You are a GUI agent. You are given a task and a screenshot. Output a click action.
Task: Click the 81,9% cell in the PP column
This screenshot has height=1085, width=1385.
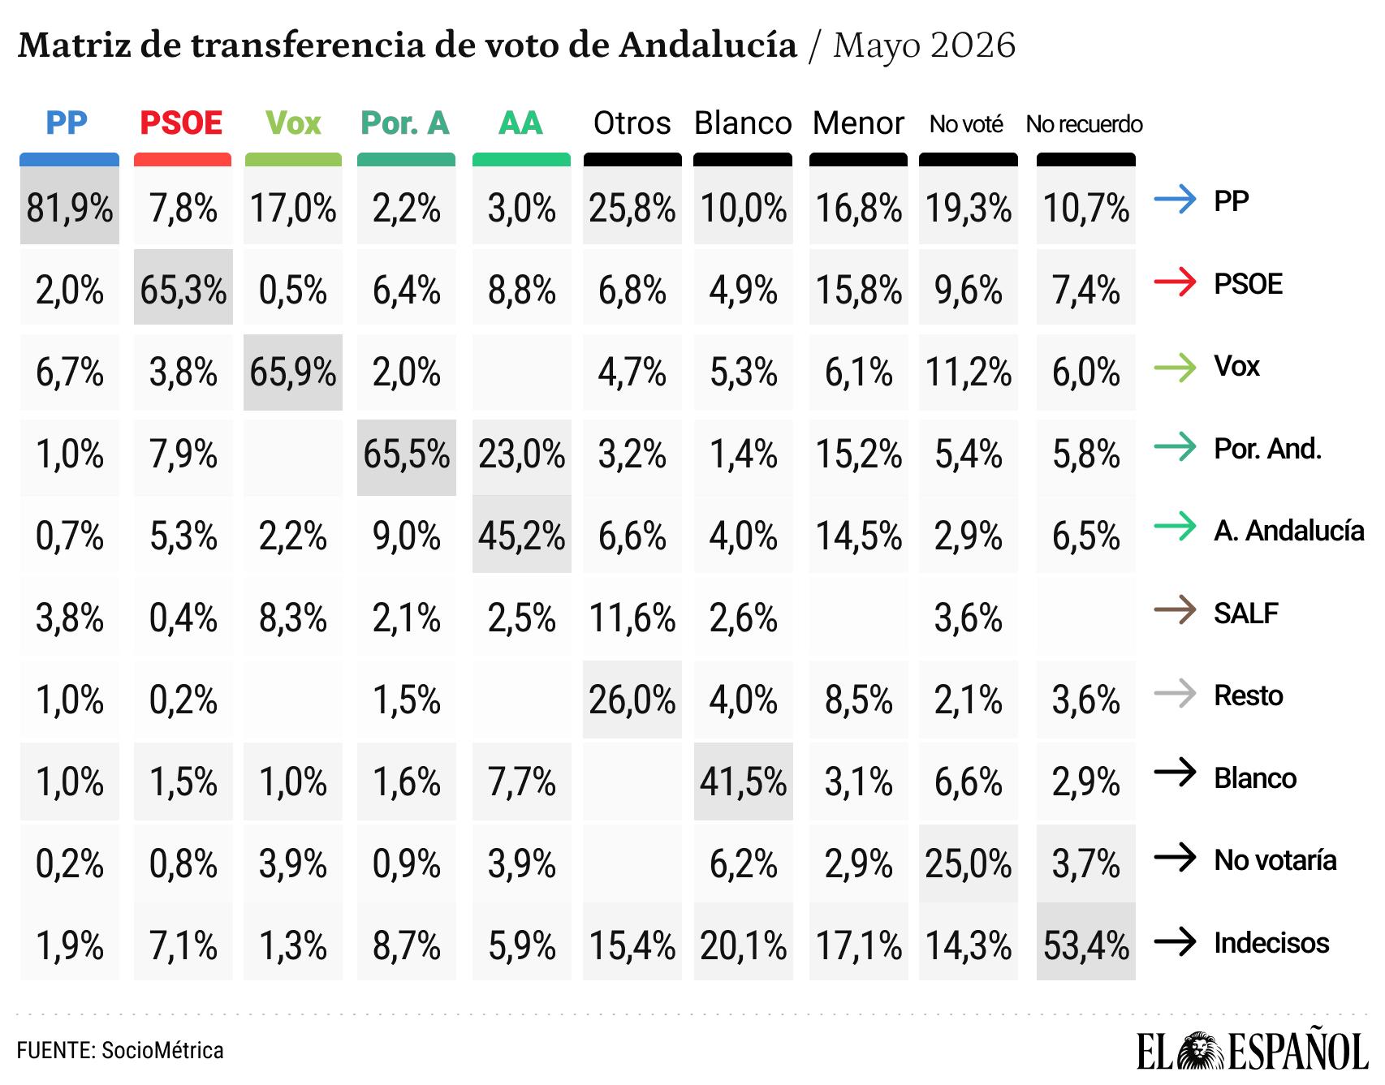point(70,209)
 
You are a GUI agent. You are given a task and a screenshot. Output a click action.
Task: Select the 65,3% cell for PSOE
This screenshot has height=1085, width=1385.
point(183,290)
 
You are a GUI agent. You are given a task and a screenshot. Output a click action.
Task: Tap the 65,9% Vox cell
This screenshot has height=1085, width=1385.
point(293,372)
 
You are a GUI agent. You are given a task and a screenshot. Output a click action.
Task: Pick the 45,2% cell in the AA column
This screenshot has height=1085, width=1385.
point(522,536)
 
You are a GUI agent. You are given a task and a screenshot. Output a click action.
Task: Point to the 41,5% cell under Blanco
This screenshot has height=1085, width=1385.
point(744,781)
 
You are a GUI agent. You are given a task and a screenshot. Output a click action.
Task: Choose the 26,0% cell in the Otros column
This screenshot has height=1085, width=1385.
point(632,700)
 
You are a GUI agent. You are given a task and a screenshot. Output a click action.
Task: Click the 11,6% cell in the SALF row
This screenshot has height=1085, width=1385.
point(632,618)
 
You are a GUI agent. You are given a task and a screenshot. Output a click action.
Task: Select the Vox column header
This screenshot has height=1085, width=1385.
point(293,123)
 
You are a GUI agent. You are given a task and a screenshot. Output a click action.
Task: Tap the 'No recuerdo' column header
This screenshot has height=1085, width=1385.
point(1085,124)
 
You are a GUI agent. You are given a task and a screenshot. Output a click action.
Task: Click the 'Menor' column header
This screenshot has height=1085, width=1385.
point(858,123)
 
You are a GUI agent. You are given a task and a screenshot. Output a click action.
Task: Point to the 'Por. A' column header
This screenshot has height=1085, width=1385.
point(405,123)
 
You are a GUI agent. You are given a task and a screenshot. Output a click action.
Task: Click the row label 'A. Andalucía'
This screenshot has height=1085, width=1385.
point(1289,531)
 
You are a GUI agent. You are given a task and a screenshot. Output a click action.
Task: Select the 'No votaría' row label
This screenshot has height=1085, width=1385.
point(1275,860)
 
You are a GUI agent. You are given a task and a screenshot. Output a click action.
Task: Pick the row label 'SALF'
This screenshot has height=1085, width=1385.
point(1246,614)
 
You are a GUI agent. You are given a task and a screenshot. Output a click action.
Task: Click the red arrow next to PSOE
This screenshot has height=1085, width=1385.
point(1175,282)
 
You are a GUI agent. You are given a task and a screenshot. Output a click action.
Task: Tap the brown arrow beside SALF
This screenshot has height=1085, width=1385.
point(1175,610)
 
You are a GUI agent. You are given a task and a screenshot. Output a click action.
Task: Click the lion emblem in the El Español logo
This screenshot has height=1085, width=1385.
point(1195,1052)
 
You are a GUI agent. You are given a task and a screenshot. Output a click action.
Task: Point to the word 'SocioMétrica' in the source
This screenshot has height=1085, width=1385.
point(162,1050)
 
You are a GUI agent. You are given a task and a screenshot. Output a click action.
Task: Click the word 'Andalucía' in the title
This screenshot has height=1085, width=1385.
point(708,45)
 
